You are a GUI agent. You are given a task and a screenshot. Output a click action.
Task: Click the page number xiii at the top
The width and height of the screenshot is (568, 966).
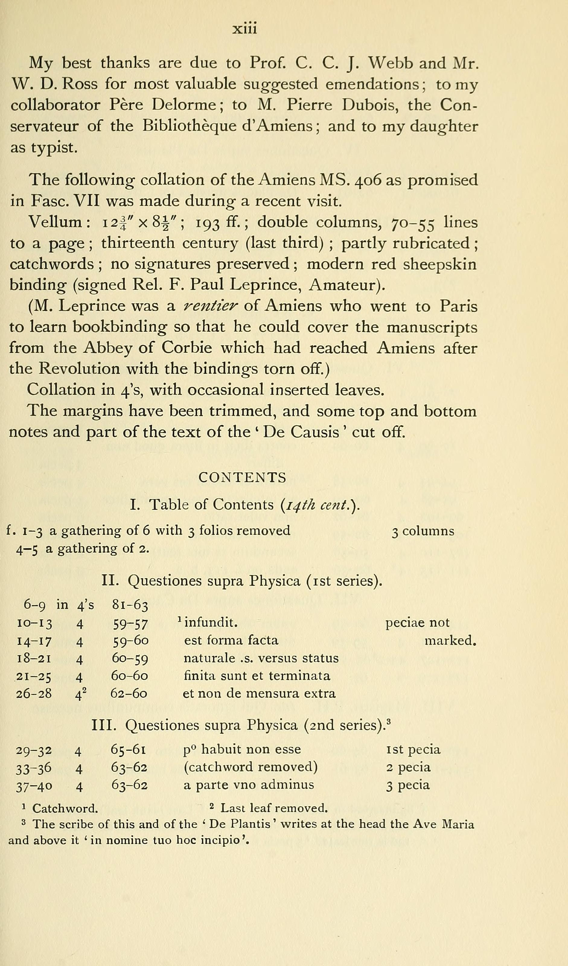(x=245, y=28)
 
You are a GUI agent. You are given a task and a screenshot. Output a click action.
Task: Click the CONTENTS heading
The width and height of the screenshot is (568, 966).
(x=242, y=478)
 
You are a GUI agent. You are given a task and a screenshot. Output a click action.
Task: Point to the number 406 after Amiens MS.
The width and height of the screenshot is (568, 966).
(x=368, y=180)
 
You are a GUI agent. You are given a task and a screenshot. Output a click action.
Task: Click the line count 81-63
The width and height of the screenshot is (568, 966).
(x=130, y=605)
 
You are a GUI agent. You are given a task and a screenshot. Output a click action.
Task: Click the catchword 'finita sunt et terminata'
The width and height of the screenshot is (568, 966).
(x=257, y=675)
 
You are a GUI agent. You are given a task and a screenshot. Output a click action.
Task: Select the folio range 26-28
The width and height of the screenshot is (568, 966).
(x=34, y=694)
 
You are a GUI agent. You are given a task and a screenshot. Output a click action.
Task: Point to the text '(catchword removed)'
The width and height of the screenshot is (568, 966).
(x=250, y=767)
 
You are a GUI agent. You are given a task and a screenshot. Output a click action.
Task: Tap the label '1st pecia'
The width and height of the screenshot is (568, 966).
(x=413, y=749)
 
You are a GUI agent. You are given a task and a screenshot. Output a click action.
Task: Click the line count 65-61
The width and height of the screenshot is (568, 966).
(x=129, y=749)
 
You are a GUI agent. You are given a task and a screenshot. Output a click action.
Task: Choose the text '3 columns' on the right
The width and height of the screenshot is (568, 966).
(x=423, y=531)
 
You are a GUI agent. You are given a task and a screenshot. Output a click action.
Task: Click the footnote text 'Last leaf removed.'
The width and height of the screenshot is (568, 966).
(x=274, y=809)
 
